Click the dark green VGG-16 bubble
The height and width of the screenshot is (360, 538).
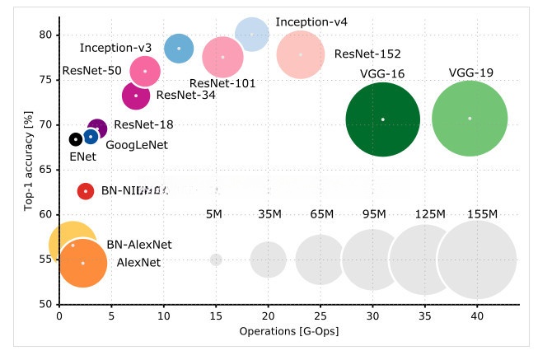click(x=382, y=119)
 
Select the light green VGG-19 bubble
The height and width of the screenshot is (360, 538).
click(x=470, y=119)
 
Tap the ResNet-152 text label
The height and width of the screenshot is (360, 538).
click(x=367, y=54)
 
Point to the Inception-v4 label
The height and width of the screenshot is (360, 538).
click(x=311, y=21)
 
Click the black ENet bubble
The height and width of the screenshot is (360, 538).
click(x=75, y=139)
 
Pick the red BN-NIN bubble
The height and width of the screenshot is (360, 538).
click(x=86, y=191)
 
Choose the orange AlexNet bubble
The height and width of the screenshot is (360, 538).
click(x=82, y=263)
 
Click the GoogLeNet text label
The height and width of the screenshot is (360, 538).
click(x=137, y=145)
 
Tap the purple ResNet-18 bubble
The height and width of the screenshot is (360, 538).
click(x=96, y=129)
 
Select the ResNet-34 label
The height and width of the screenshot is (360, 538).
click(x=186, y=95)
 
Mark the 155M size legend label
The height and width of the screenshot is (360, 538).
click(x=482, y=214)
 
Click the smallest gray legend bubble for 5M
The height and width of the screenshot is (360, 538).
click(x=216, y=259)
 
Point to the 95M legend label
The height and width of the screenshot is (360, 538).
click(x=375, y=214)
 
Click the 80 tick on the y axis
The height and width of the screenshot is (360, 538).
click(x=44, y=35)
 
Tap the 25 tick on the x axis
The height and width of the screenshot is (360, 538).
click(x=320, y=316)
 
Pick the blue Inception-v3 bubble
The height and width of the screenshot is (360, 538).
click(x=179, y=49)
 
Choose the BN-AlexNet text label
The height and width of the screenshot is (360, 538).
click(x=139, y=245)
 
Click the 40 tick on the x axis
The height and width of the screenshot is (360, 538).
click(x=477, y=316)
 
